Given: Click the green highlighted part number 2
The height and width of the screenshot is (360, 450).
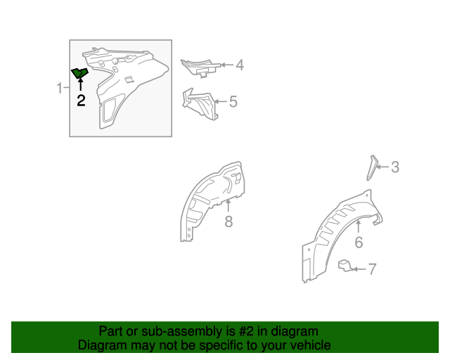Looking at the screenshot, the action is click(x=79, y=73).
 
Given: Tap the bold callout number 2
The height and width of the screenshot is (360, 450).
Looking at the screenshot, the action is click(x=81, y=101).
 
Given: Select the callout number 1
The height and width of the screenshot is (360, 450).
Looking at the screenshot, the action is click(x=60, y=88).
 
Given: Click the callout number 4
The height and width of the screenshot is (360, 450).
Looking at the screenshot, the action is click(x=240, y=65).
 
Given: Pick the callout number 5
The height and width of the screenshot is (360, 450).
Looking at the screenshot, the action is click(x=233, y=102).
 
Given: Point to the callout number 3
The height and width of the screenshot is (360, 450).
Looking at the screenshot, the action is click(x=395, y=167).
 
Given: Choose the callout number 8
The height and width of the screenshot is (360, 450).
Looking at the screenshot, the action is click(x=229, y=221).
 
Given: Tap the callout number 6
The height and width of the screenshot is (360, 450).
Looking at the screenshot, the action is click(x=359, y=243).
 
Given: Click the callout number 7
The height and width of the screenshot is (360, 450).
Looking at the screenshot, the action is click(x=372, y=269).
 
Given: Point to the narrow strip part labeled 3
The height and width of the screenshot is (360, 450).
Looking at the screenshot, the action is click(x=372, y=168).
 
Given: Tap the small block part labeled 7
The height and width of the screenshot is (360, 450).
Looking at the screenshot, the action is click(x=345, y=265).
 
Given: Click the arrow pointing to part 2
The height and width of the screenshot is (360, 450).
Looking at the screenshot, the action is click(x=81, y=84).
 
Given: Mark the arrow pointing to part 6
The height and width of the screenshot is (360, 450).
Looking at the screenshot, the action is click(x=359, y=227).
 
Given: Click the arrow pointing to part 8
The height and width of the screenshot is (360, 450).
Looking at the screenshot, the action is click(x=228, y=206).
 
